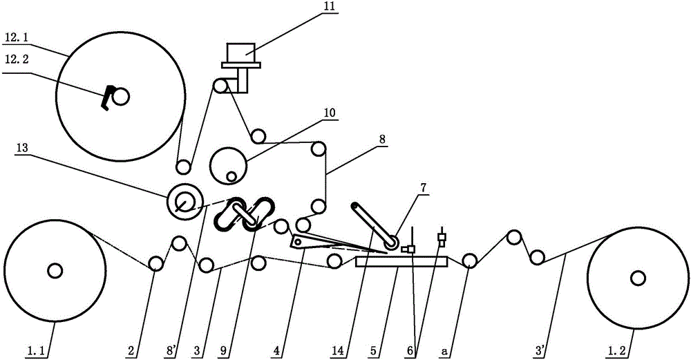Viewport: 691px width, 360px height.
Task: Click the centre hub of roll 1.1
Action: [54, 271]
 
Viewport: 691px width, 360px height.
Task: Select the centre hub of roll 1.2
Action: [637, 277]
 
